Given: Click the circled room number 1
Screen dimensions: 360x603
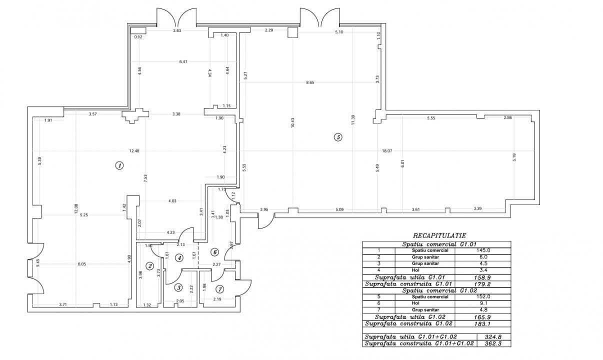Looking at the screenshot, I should (119, 165).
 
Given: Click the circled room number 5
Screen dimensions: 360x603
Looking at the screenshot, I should (338, 137).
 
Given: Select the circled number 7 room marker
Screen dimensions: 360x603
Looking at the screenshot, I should (219, 289).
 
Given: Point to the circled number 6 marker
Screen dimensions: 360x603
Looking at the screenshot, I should (214, 252).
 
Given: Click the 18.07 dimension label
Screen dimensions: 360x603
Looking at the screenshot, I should (387, 151).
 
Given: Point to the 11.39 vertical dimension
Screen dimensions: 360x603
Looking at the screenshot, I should (353, 120).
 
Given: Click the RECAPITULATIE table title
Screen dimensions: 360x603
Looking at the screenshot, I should (436, 235).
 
